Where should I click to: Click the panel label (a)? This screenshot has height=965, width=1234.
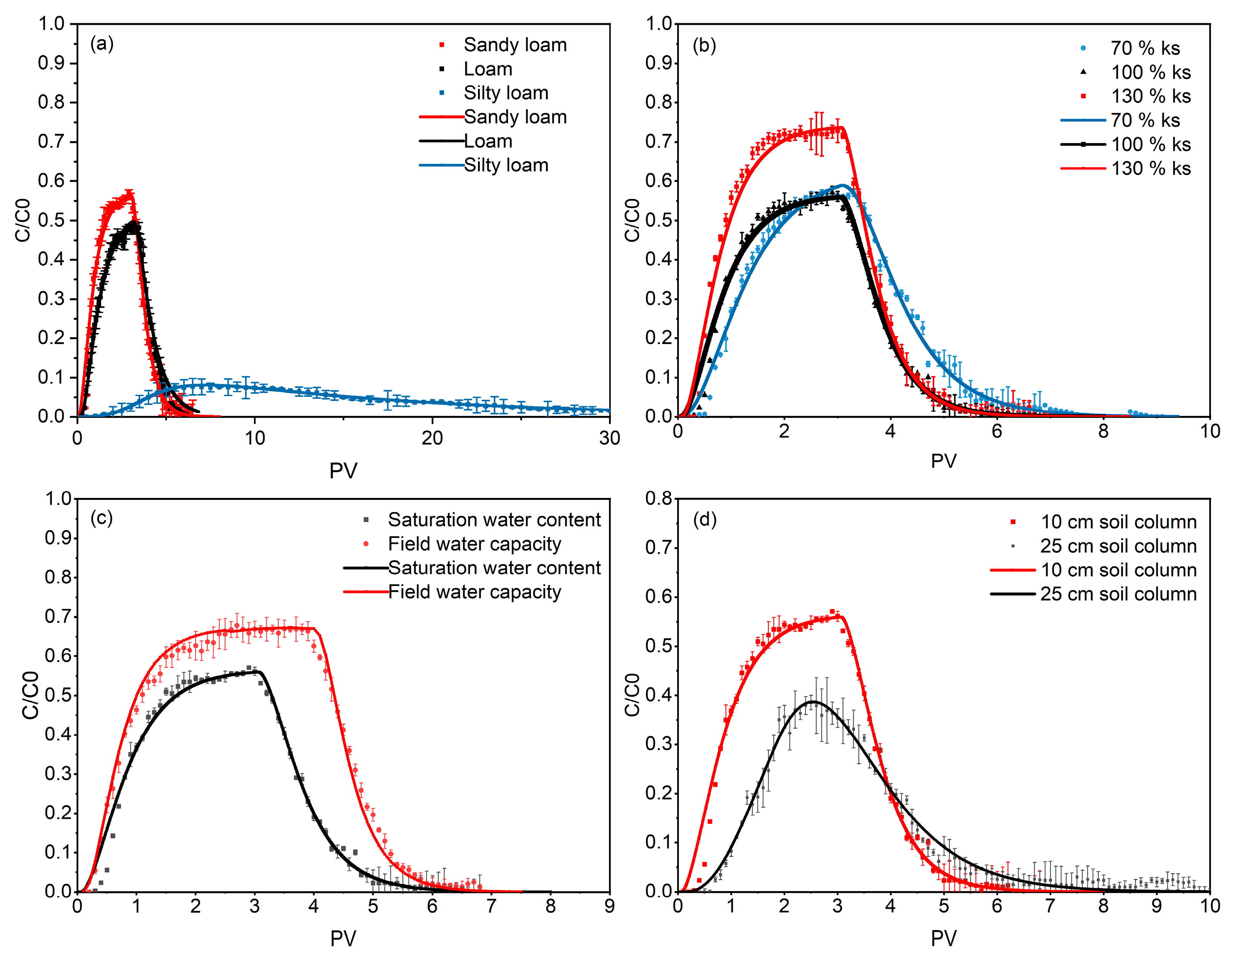click(x=102, y=43)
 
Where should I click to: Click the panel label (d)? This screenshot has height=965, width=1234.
click(x=705, y=519)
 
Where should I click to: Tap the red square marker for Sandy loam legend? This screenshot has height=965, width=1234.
click(x=442, y=45)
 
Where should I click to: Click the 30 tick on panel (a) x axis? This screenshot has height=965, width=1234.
click(x=609, y=438)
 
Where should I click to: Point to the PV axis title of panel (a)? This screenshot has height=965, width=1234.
click(x=343, y=470)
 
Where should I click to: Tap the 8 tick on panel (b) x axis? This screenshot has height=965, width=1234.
click(x=1103, y=432)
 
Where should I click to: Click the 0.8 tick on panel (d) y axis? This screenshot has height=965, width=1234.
click(x=659, y=499)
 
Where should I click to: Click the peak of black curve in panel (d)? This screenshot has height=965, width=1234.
click(x=813, y=702)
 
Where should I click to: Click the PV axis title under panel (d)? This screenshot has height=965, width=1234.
click(x=944, y=938)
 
